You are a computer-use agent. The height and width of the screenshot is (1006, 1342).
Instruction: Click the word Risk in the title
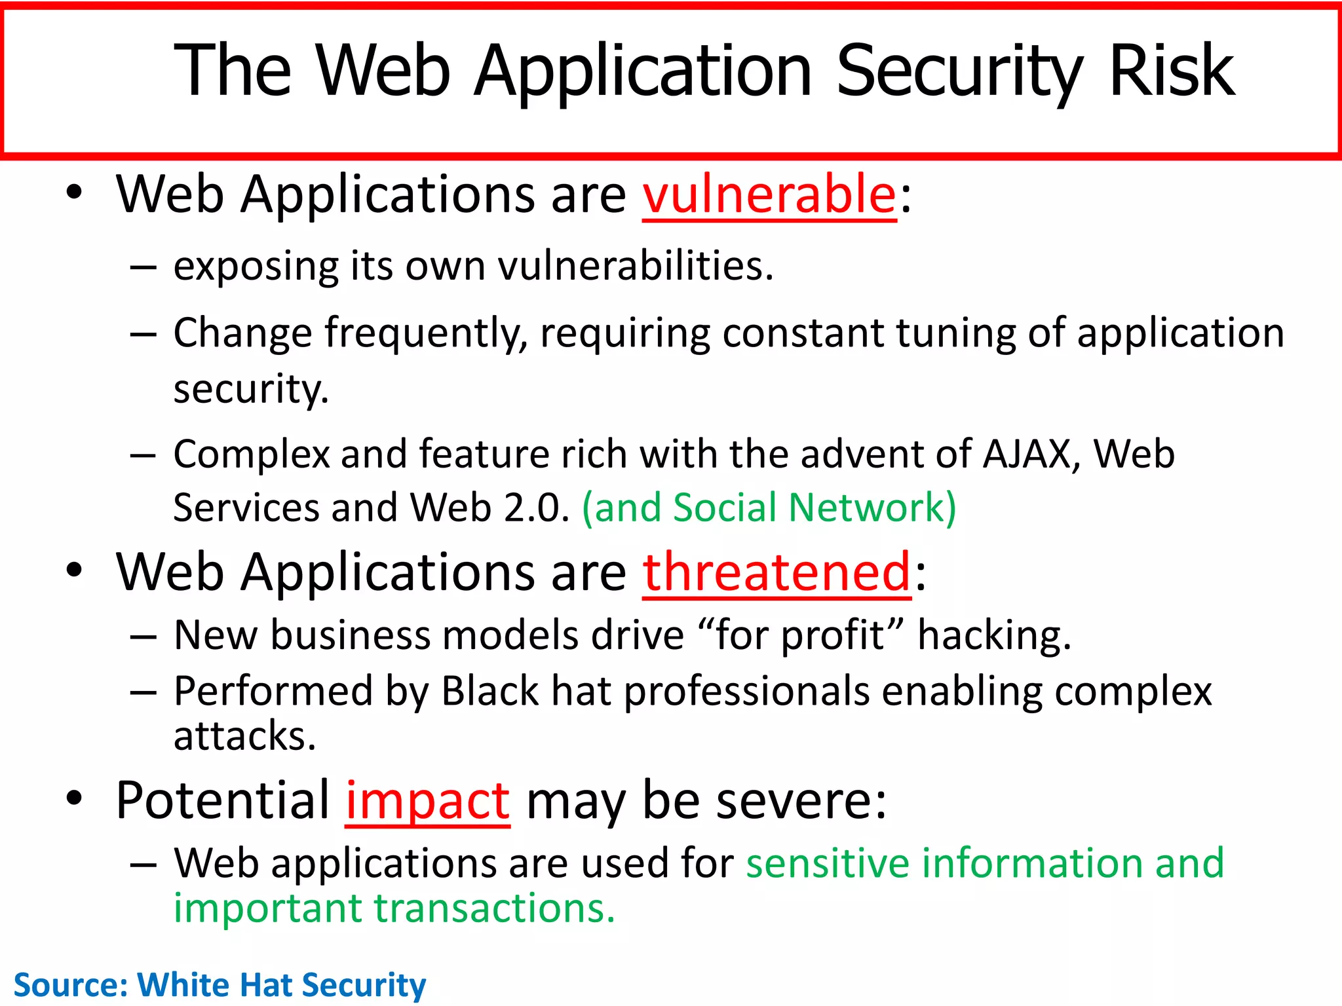tap(1171, 70)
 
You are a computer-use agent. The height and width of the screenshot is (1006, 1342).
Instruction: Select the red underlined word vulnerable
tap(769, 195)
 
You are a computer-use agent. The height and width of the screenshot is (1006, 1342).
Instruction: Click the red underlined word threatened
tap(776, 572)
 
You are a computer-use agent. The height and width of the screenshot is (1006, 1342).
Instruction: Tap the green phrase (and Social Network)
tap(769, 508)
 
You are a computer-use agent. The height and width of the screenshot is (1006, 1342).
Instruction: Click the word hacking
tap(993, 636)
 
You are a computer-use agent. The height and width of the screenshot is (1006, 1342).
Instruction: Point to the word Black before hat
tap(489, 692)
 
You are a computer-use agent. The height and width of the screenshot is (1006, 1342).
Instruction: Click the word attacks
tap(244, 736)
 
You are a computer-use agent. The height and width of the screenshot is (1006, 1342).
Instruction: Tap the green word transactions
tap(494, 909)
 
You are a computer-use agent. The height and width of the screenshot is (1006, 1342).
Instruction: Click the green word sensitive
tap(827, 863)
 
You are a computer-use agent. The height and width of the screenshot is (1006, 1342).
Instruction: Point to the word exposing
tap(256, 267)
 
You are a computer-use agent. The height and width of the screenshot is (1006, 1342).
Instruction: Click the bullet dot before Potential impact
tap(74, 799)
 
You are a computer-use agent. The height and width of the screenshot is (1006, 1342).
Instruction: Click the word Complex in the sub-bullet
tap(251, 455)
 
